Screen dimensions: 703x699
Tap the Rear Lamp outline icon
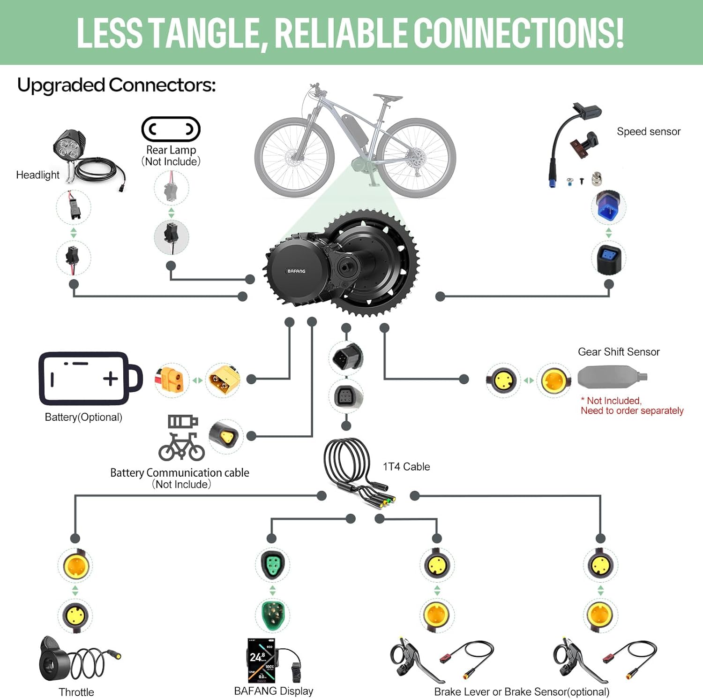coord(171,129)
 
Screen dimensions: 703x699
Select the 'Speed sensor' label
coord(648,132)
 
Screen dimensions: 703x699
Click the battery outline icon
coord(89,378)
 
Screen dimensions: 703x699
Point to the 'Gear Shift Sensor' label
coord(619,352)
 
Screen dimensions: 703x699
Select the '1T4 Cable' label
coord(406,467)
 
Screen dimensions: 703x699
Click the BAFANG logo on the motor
coord(296,271)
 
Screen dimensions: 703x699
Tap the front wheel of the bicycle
coord(294,157)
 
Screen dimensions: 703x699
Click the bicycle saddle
coord(387,98)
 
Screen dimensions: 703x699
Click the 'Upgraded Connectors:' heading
coord(116,85)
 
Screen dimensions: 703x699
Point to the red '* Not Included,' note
coord(611,401)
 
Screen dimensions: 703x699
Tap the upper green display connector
coord(272,564)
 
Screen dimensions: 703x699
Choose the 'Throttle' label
coord(76,692)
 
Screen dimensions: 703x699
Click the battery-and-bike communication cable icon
coord(181,437)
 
